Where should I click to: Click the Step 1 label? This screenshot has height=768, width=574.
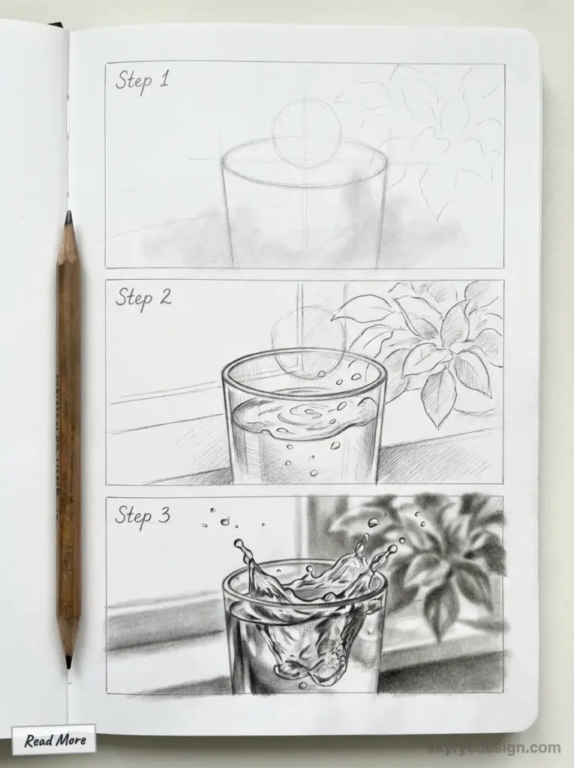(143, 80)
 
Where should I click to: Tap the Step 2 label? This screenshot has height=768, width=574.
(143, 297)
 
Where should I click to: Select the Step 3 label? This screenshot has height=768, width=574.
(143, 515)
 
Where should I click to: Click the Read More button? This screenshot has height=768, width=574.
(54, 740)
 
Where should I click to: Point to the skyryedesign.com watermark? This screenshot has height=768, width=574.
(496, 748)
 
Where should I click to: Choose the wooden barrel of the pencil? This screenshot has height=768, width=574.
(69, 435)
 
